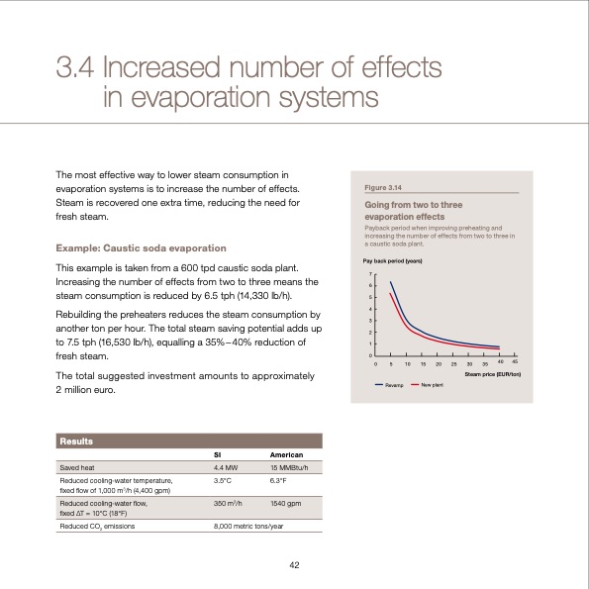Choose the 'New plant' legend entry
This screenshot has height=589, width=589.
(432, 383)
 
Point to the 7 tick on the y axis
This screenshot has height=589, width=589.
(371, 273)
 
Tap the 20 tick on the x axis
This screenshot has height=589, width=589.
(438, 364)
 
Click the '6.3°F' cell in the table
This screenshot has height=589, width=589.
(278, 480)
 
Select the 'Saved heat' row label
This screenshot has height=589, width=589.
(77, 467)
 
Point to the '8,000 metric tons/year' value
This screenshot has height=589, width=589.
(247, 525)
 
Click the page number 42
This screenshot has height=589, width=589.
(294, 564)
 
